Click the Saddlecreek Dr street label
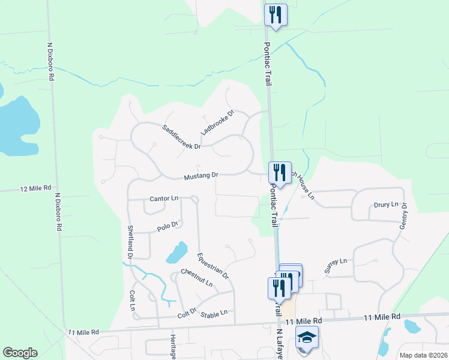(x=181, y=137)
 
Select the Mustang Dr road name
(x=201, y=176)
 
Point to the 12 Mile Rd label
(x=35, y=188)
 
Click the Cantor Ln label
(x=164, y=198)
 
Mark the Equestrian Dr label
(x=213, y=265)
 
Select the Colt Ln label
(x=133, y=300)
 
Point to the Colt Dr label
(x=187, y=314)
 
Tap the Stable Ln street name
(x=214, y=313)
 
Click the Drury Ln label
(x=386, y=205)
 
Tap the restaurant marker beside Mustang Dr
(x=279, y=172)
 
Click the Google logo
(x=20, y=353)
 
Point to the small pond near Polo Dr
(x=176, y=253)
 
